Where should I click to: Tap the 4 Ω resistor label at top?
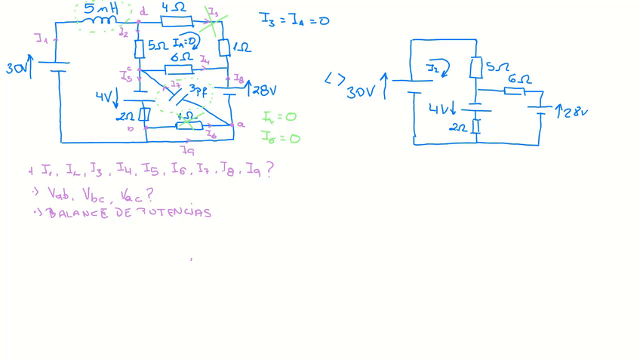174,8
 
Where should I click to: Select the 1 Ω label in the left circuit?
242,48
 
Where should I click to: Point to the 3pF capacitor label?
198,91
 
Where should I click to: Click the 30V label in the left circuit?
17,69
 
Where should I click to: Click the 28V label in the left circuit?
264,91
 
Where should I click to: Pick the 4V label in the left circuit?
104,97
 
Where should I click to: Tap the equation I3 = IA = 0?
294,20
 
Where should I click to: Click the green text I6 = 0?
280,137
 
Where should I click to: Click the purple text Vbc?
97,194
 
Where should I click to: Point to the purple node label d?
143,11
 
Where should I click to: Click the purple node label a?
241,125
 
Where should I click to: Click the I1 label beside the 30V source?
42,38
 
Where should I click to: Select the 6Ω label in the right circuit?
518,79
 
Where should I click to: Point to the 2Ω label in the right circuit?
457,128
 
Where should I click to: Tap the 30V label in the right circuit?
361,93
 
